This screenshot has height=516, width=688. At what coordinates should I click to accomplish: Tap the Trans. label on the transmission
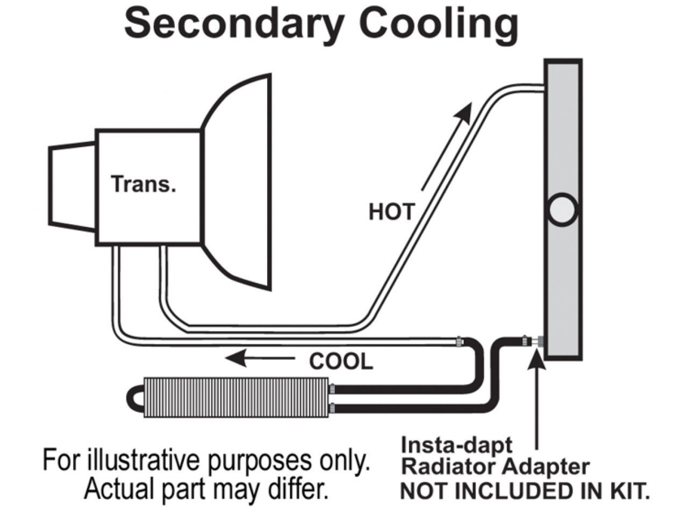[x=144, y=184]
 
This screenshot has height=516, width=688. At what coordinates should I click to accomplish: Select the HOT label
[x=391, y=212]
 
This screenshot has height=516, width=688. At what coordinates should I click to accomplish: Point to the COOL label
[x=341, y=362]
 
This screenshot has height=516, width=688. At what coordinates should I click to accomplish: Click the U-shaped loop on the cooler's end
[x=135, y=398]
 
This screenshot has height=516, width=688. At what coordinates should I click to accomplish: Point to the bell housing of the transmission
[x=236, y=183]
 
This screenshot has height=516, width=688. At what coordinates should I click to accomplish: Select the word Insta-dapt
[x=457, y=445]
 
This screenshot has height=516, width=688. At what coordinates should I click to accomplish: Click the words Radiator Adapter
[x=495, y=467]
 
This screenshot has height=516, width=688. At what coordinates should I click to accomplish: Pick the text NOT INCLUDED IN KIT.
[x=524, y=491]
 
